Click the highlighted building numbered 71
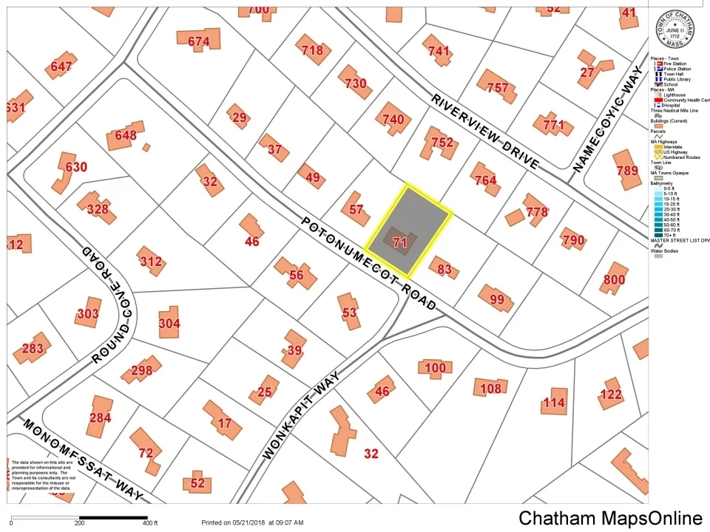coord(400,242)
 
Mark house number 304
coord(169,323)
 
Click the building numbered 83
coord(444,270)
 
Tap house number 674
coord(198,41)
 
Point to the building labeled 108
coord(490,388)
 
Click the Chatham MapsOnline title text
coord(610,518)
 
